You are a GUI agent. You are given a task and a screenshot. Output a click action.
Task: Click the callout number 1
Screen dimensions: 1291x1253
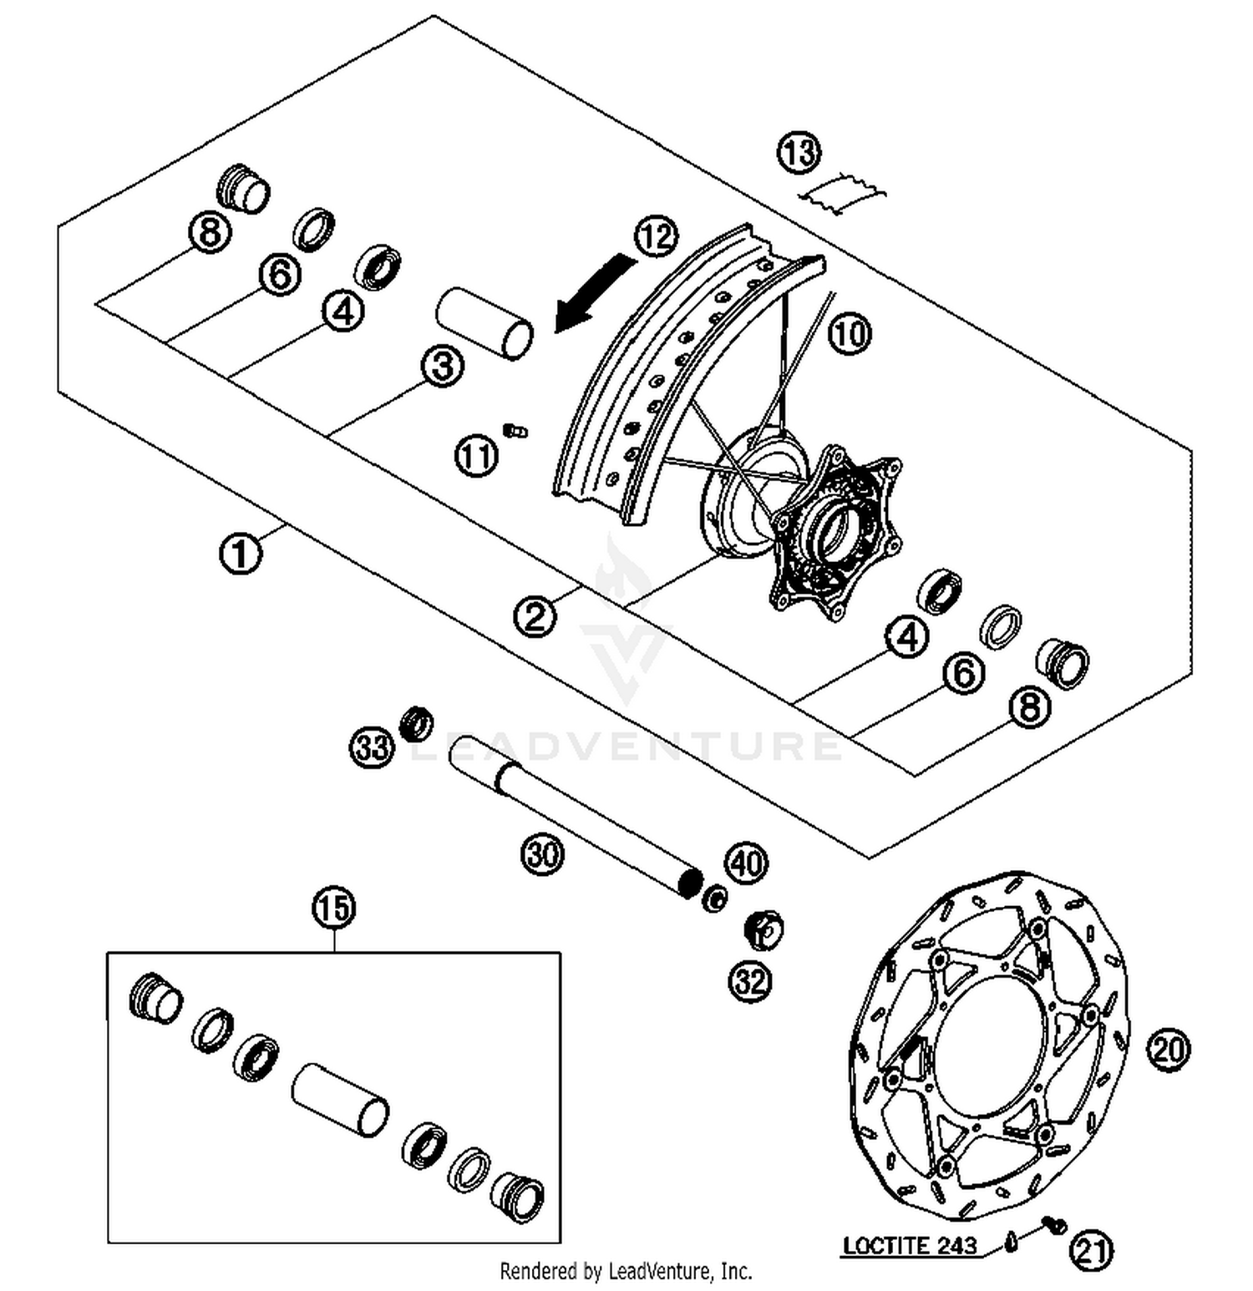pyautogui.click(x=240, y=554)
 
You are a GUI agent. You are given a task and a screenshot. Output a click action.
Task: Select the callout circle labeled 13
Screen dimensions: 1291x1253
pyautogui.click(x=799, y=153)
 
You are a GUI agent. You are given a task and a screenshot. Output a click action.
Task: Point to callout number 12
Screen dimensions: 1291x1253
pyautogui.click(x=657, y=236)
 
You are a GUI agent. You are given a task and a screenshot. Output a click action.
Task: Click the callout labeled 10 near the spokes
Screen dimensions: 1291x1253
pyautogui.click(x=850, y=334)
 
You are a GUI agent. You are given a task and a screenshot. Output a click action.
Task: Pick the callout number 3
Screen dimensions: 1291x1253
pyautogui.click(x=442, y=366)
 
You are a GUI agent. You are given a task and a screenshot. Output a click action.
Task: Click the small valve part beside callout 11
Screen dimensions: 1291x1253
pyautogui.click(x=515, y=430)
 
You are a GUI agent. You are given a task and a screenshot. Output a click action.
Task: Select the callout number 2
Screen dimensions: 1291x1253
pyautogui.click(x=535, y=616)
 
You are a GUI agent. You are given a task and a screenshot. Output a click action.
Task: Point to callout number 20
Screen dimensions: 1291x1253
pyautogui.click(x=1168, y=1049)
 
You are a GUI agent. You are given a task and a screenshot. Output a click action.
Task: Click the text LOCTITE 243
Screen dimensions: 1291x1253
pyautogui.click(x=910, y=1246)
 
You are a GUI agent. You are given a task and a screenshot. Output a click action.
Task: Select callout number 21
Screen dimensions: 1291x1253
pyautogui.click(x=1092, y=1250)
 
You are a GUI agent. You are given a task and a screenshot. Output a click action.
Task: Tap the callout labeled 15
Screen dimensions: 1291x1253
pyautogui.click(x=334, y=908)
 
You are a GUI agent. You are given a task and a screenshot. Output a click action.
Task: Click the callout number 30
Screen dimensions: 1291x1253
pyautogui.click(x=543, y=854)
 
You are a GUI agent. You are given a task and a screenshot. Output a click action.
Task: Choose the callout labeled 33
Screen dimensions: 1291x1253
pyautogui.click(x=371, y=747)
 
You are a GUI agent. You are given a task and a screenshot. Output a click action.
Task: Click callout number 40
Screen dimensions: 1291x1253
pyautogui.click(x=746, y=863)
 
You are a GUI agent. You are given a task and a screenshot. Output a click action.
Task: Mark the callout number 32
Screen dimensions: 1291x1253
pyautogui.click(x=750, y=981)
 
